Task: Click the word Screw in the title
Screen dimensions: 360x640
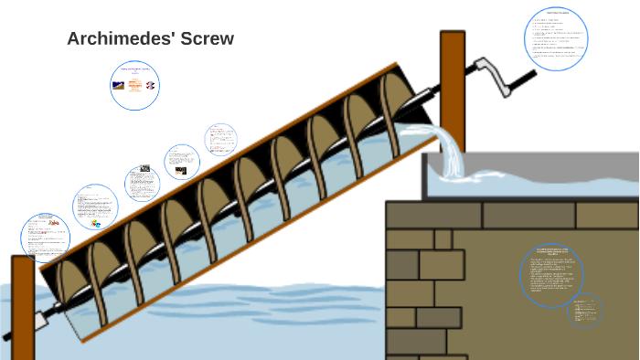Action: point(208,38)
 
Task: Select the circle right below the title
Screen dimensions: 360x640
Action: point(135,85)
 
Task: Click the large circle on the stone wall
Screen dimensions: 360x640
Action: point(552,275)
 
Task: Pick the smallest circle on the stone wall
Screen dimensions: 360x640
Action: point(584,310)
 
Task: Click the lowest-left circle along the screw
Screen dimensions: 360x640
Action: point(46,238)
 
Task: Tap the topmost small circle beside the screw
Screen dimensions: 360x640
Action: point(219,140)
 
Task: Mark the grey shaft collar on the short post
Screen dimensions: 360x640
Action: point(39,320)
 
